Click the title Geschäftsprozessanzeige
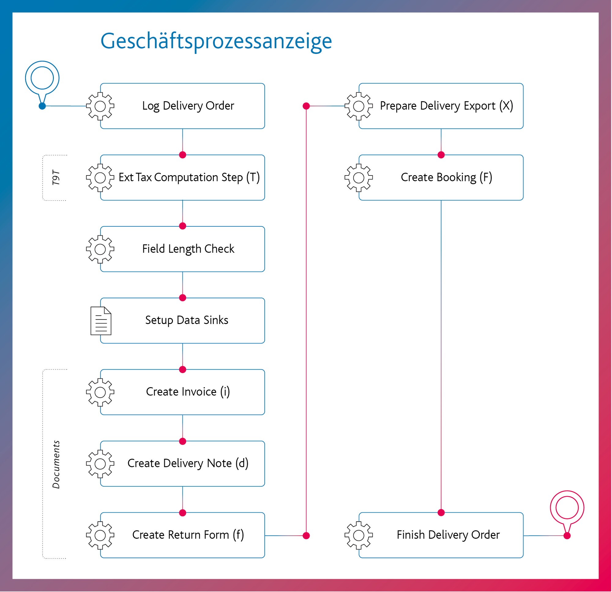coord(216,41)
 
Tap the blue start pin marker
coord(42,78)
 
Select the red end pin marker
coord(567,507)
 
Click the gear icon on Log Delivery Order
coord(100,106)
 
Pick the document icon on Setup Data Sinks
coord(101,321)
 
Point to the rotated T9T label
coord(56,177)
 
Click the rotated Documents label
coord(56,464)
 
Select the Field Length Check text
coord(188,249)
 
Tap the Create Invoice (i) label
coord(188,392)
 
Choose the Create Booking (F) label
coord(446,177)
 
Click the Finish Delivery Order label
coord(448,535)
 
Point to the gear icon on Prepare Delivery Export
coord(358,106)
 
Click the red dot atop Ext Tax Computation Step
coord(183,155)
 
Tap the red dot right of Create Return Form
coord(306,536)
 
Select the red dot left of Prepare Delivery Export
coord(306,106)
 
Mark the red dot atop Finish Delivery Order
coord(441,513)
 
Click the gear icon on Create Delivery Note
coord(100,464)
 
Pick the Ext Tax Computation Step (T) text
coord(189,177)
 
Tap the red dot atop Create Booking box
coord(441,155)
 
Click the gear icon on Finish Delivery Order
coord(358,535)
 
